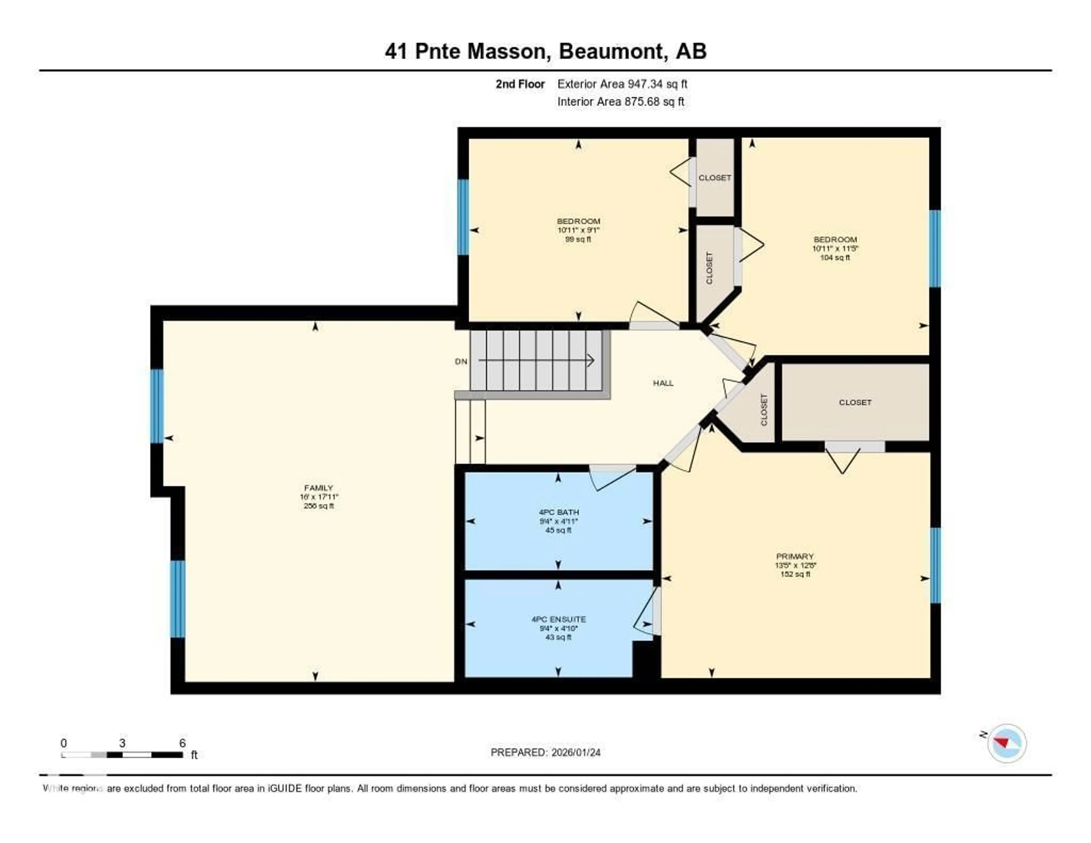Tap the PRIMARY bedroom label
[795, 556]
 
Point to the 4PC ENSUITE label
[559, 619]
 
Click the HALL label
[663, 383]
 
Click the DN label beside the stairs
[461, 361]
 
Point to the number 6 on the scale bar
[182, 743]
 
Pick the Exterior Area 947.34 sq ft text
[622, 84]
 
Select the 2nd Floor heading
[520, 84]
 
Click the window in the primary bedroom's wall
[935, 565]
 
